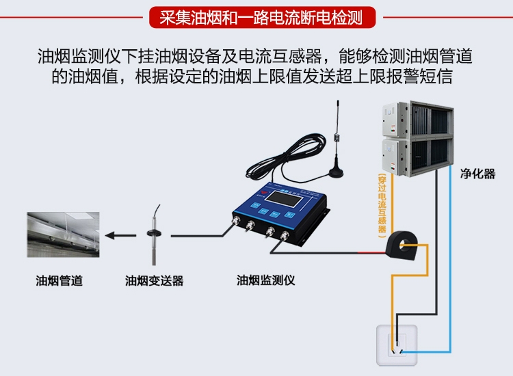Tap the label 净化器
coord(477,174)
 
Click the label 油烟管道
coord(60,280)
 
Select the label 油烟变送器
coord(154,280)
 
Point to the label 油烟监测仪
coord(265,280)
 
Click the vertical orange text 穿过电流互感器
coord(382,205)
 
